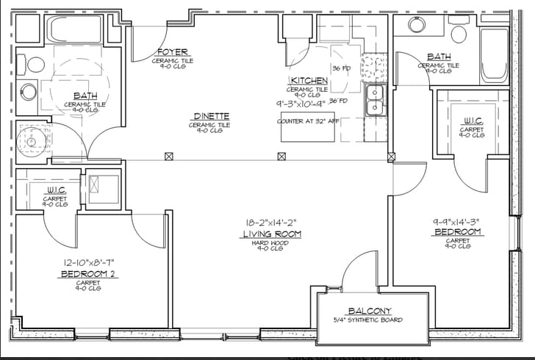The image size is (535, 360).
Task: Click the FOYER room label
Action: pos(173,52)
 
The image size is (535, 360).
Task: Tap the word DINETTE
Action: pos(212,116)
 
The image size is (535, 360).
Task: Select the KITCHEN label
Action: pos(308,80)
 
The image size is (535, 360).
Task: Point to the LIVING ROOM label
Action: pos(274,234)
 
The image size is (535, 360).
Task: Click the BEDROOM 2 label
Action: pos(87,273)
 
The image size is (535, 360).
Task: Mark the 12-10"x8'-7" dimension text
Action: pos(87,262)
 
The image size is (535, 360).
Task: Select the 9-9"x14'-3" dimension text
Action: pos(456,220)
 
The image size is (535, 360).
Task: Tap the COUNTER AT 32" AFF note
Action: pos(308,121)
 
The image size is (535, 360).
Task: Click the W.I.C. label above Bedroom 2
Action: pos(55,190)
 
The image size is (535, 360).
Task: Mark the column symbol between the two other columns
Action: pos(281,156)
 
